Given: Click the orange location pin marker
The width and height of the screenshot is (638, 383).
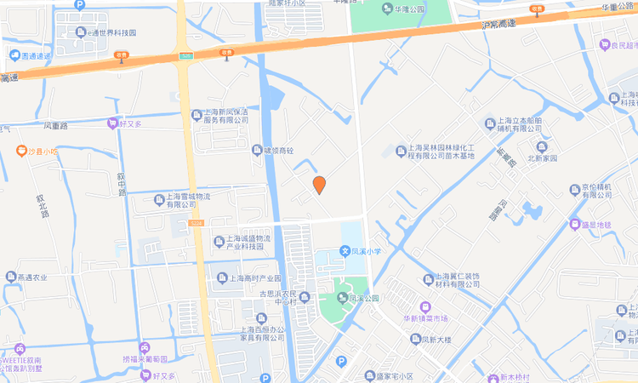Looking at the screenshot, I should pyautogui.click(x=320, y=185).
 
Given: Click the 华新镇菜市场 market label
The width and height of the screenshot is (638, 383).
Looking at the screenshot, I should pyautogui.click(x=425, y=318).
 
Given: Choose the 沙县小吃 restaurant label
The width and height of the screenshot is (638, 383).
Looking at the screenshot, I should pyautogui.click(x=40, y=151).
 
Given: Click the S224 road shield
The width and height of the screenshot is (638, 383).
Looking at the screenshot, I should pyautogui.click(x=197, y=223).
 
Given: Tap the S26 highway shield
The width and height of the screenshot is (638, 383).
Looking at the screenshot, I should pyautogui.click(x=185, y=55).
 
